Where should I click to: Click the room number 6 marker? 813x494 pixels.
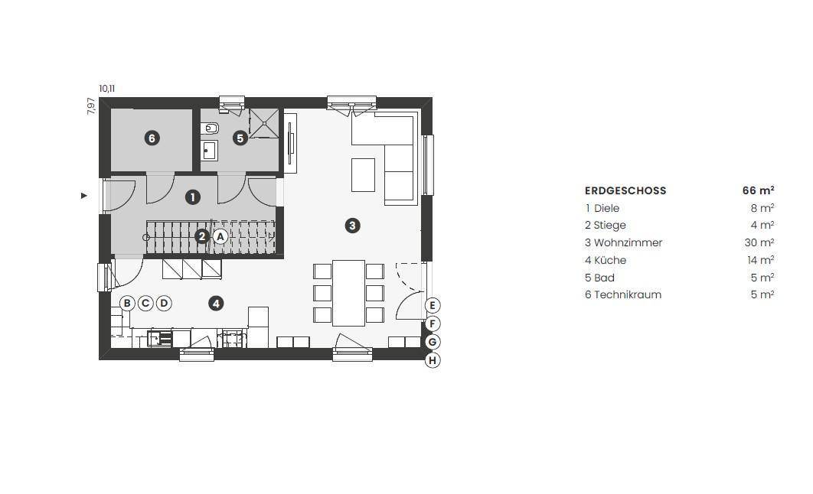[x=152, y=138]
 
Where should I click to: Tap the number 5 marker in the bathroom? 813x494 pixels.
[x=240, y=138]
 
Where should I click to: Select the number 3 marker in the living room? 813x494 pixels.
[x=353, y=226]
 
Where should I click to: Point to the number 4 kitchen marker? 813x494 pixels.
[x=216, y=304]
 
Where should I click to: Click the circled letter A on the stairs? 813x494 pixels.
[x=220, y=237]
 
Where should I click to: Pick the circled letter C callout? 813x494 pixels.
[x=145, y=304]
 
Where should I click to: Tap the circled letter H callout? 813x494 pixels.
[x=433, y=360]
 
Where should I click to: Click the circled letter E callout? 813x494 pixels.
[x=433, y=306]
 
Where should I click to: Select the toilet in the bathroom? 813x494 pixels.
[x=210, y=128]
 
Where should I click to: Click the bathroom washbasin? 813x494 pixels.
[x=209, y=151]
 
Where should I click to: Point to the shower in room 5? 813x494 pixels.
[x=264, y=123]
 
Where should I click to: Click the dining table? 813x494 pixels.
[x=348, y=293]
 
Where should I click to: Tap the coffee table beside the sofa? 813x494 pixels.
[x=363, y=175]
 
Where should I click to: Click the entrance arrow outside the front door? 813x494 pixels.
[x=84, y=196]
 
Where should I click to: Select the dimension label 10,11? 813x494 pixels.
[x=107, y=89]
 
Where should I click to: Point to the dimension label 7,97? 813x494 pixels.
[x=91, y=106]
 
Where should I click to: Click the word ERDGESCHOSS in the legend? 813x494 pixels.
[x=625, y=190]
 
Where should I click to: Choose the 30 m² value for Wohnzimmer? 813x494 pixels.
[x=759, y=242]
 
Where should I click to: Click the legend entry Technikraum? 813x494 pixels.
[x=628, y=294]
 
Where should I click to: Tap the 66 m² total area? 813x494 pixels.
[x=759, y=190]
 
